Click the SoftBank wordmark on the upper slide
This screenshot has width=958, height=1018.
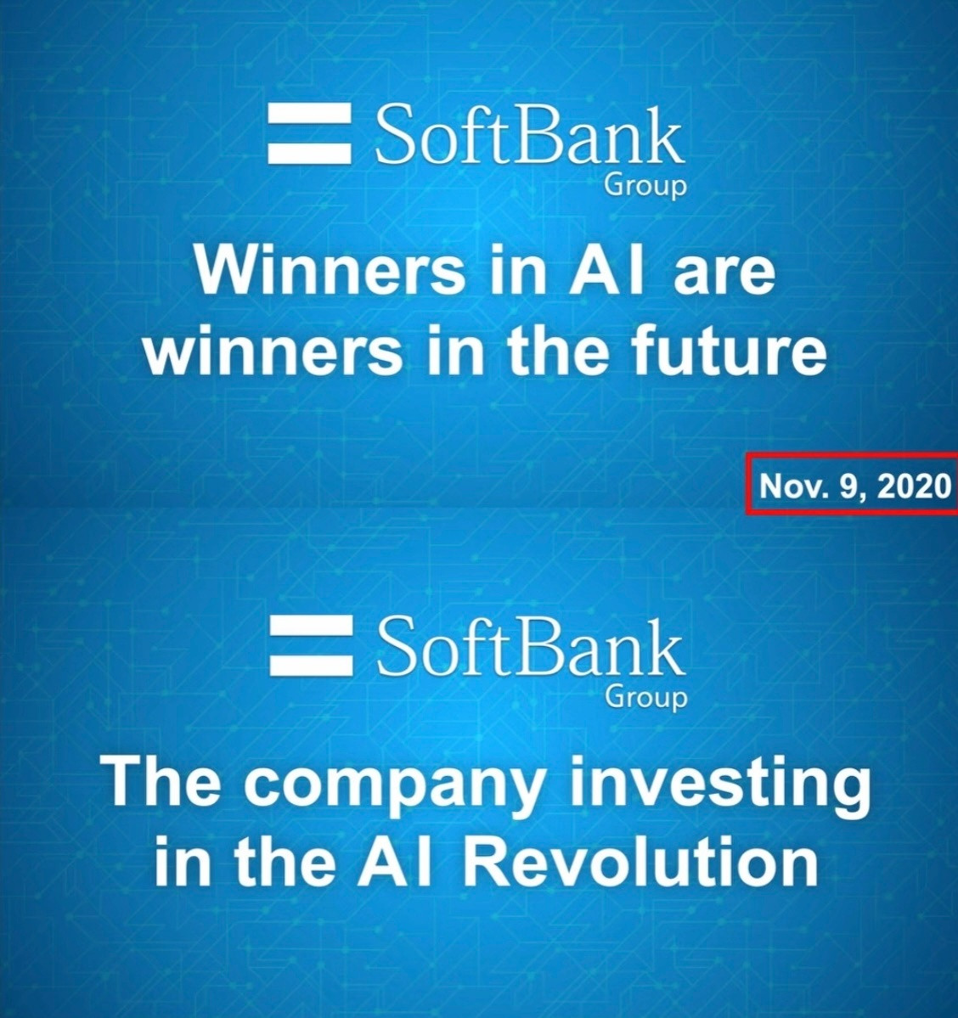click(529, 138)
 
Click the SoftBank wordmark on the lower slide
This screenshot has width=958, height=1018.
click(529, 647)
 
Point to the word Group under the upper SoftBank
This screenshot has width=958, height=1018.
click(645, 187)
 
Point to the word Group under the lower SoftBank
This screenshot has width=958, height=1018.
click(645, 698)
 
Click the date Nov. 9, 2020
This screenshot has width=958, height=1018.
click(854, 486)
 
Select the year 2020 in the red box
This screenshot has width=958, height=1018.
click(915, 485)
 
